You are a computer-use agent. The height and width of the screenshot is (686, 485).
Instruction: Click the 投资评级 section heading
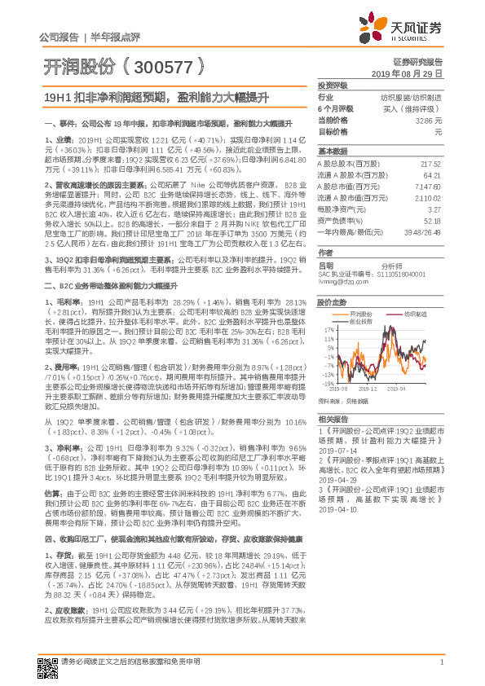click(332, 85)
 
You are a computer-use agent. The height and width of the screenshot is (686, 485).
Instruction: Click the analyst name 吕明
click(325, 266)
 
